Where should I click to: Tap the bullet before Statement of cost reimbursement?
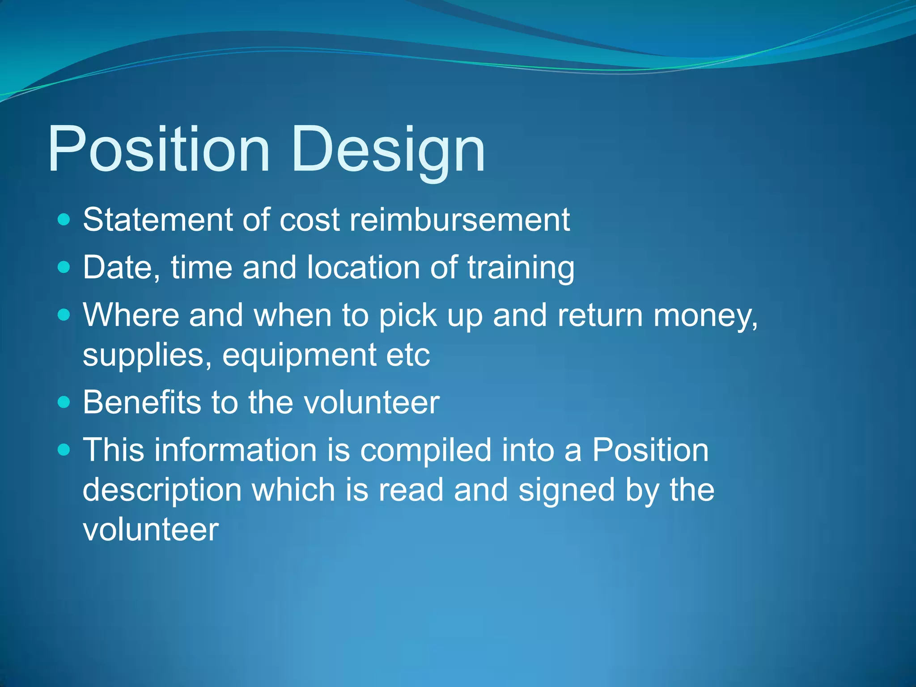64,220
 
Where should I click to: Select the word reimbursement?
459,220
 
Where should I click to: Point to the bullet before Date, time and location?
64,267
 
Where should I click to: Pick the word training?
521,267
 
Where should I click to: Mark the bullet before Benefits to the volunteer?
64,402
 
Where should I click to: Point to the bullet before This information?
64,450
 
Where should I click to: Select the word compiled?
425,450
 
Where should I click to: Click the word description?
162,490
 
